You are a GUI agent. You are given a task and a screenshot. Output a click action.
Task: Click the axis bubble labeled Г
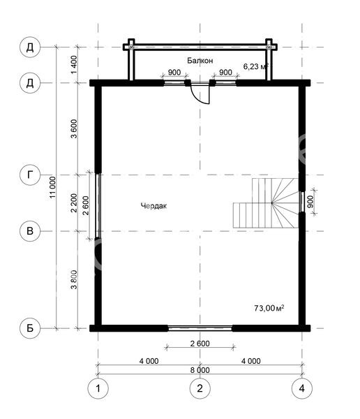[30, 175]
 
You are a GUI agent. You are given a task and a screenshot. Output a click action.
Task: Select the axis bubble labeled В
[30, 231]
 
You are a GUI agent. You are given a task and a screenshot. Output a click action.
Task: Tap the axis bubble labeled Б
[30, 328]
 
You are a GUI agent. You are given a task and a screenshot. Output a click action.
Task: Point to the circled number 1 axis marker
[98, 388]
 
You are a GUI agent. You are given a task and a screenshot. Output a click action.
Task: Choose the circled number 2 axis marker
[200, 388]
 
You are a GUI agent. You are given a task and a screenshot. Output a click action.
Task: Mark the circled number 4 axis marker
[302, 388]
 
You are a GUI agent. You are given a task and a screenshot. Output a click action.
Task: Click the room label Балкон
[200, 61]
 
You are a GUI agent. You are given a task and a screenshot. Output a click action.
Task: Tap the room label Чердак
[153, 206]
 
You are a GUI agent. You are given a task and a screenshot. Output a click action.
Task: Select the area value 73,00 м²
[269, 308]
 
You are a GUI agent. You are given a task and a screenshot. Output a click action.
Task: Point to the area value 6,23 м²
[255, 66]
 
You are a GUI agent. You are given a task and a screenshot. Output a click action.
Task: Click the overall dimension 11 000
[52, 187]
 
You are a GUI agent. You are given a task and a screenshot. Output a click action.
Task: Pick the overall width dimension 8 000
[200, 370]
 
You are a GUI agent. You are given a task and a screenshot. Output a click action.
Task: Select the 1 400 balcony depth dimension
[74, 65]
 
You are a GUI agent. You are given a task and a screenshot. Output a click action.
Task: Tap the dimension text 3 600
[74, 128]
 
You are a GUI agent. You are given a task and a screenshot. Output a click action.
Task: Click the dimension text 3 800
[74, 279]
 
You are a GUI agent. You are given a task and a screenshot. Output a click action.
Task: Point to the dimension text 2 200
[74, 203]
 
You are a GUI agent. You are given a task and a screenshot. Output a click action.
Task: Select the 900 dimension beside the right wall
[310, 202]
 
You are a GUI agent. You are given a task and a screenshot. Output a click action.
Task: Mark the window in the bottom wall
[200, 328]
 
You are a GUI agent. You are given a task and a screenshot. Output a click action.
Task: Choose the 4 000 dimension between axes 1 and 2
[149, 361]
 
